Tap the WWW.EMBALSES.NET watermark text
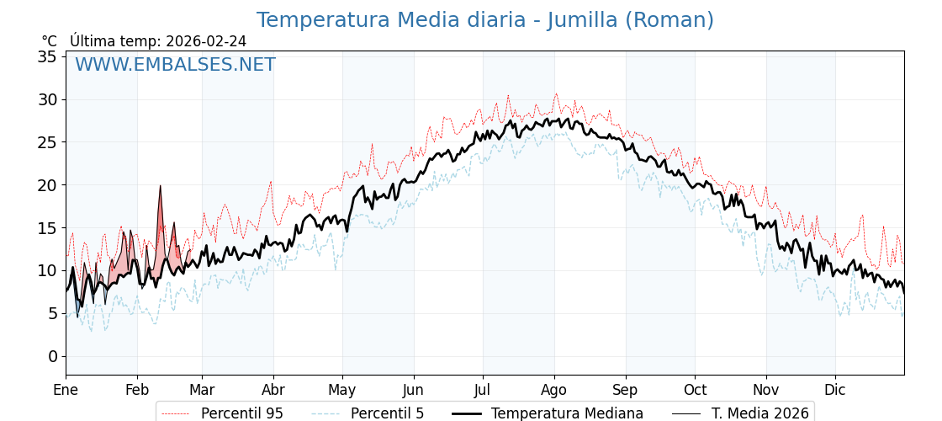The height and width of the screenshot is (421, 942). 175,65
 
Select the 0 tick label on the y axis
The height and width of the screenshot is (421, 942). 52,356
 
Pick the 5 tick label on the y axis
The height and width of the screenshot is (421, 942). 52,313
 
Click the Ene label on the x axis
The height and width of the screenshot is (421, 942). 66,390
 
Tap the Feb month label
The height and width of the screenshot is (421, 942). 137,390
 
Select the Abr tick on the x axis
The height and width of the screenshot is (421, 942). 273,390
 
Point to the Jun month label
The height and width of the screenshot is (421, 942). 413,390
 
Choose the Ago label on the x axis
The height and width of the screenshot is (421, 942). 554,390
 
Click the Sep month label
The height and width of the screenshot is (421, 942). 626,390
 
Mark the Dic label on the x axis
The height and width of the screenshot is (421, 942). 835,390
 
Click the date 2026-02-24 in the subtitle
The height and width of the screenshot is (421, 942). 206,41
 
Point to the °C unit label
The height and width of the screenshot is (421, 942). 49,41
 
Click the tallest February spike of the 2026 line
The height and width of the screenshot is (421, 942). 160,187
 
